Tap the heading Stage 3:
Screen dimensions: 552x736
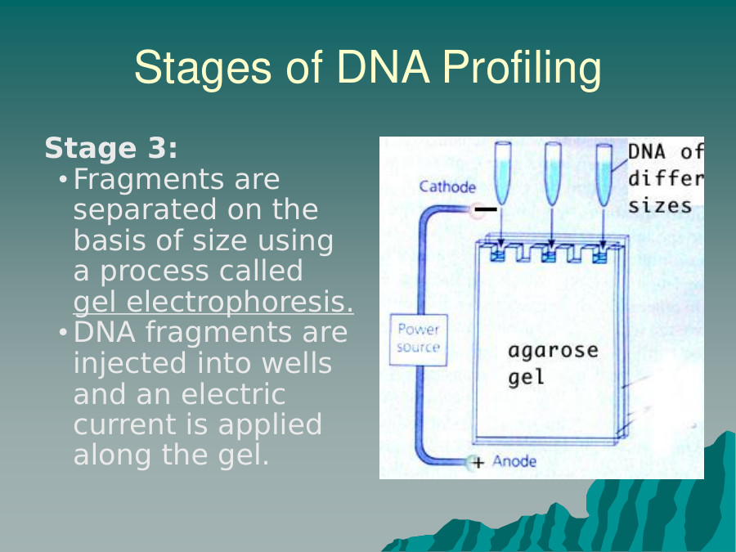tap(111, 149)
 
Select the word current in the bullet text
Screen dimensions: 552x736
tap(122, 425)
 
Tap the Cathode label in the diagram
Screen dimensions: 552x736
tap(447, 187)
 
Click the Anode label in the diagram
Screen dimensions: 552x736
tap(514, 462)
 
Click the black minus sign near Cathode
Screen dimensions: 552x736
tap(486, 209)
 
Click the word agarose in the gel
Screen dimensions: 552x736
tap(553, 352)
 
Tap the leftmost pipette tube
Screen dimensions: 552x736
tap(503, 173)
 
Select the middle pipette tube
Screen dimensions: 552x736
tap(554, 173)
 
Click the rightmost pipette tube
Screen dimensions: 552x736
tap(604, 173)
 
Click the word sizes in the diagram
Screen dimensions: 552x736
tap(660, 205)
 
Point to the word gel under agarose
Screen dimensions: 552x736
tap(526, 379)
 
